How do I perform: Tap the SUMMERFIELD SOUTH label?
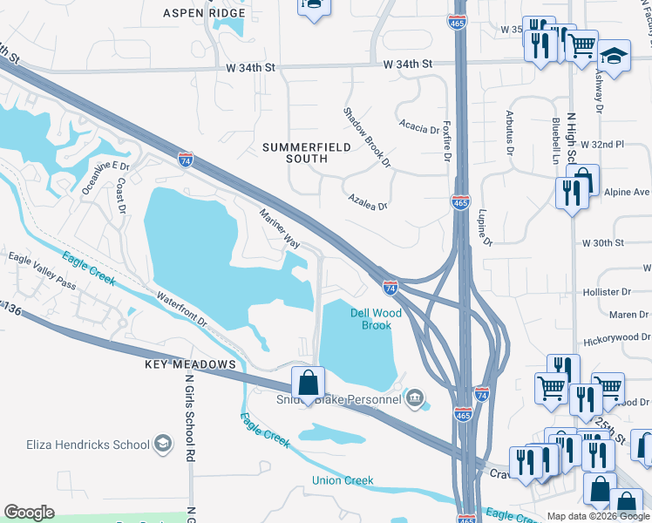tap(307, 153)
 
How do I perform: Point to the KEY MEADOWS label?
tap(190, 364)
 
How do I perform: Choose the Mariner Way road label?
tap(280, 228)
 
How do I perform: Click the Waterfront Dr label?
tap(182, 309)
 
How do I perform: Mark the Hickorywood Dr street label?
tap(617, 336)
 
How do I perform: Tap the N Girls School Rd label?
tap(189, 410)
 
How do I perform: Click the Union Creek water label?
tap(343, 480)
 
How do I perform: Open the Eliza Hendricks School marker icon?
tap(162, 445)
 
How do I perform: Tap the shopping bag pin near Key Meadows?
tap(308, 383)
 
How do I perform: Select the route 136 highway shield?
tap(10, 309)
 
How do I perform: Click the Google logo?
tap(29, 513)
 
